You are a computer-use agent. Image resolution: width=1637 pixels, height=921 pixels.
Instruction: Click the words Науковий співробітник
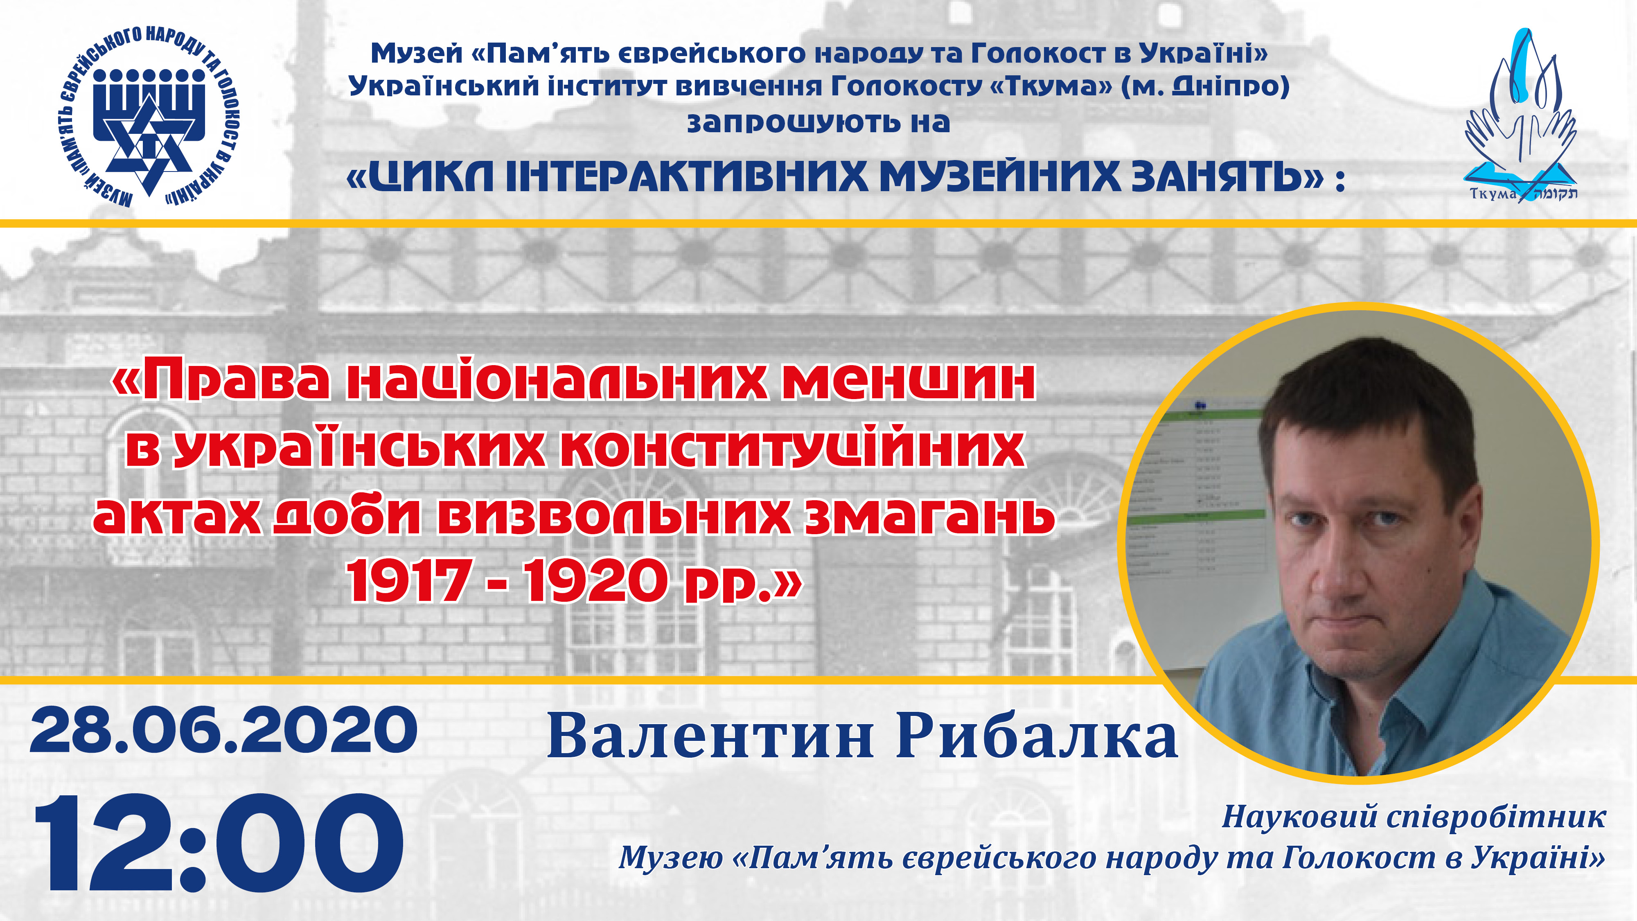[1414, 817]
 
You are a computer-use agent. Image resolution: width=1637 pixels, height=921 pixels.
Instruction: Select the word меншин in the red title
[909, 381]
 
